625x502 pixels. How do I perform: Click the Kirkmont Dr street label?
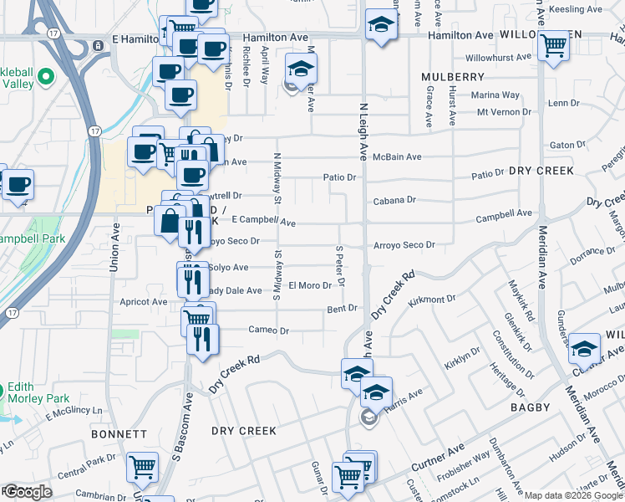pyautogui.click(x=433, y=298)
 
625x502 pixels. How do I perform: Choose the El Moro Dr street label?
pyautogui.click(x=310, y=285)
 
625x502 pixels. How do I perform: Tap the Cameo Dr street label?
pyautogui.click(x=268, y=330)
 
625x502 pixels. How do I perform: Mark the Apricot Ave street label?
pyautogui.click(x=144, y=301)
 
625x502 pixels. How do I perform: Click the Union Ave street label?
pyautogui.click(x=114, y=247)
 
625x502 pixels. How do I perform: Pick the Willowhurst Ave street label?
pyautogui.click(x=498, y=59)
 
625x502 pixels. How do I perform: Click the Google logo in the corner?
pyautogui.click(x=28, y=492)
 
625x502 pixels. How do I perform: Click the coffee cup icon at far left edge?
pyautogui.click(x=17, y=184)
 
